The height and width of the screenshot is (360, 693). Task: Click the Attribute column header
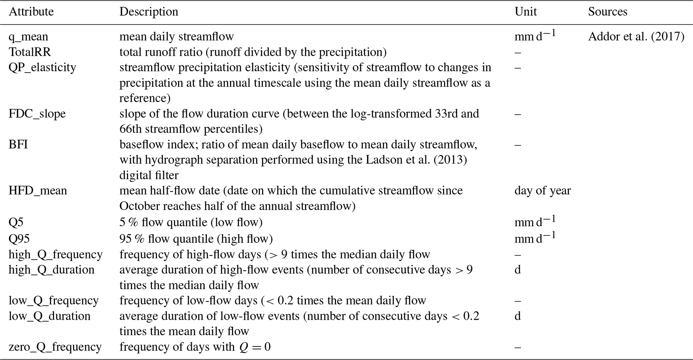tap(31, 12)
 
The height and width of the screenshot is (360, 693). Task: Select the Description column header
tap(149, 12)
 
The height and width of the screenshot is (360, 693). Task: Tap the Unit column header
tap(525, 12)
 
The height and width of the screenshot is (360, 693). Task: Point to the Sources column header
tap(607, 12)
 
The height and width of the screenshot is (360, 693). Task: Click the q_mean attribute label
tap(28, 37)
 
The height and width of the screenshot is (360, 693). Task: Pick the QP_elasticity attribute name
tap(42, 67)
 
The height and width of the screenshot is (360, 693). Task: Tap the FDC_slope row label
tap(37, 114)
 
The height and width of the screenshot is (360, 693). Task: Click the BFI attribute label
tap(18, 145)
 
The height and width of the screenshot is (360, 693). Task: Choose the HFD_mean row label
tap(38, 191)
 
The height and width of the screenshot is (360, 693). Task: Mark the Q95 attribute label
tap(19, 239)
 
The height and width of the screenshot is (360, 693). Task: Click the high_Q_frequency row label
tap(55, 255)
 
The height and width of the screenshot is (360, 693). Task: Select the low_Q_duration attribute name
tap(49, 316)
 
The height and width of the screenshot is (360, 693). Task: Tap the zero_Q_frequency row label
tap(55, 347)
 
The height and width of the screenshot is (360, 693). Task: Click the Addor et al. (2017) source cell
tap(636, 37)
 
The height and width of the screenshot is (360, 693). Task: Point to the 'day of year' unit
tap(542, 191)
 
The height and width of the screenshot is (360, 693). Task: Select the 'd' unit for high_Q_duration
tap(518, 270)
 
